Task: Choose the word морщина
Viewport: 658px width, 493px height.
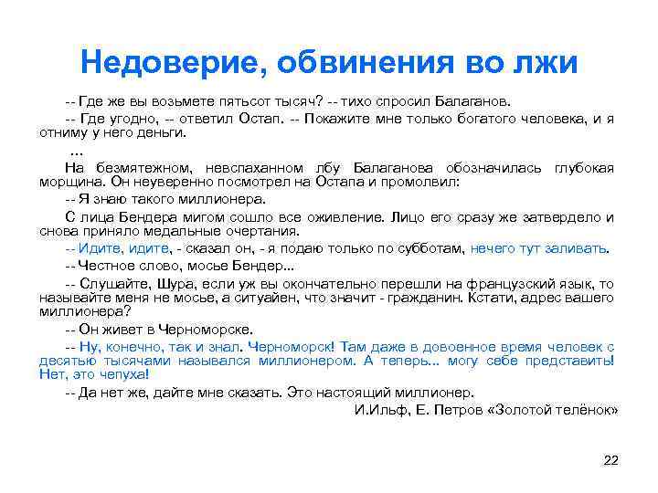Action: click(69, 182)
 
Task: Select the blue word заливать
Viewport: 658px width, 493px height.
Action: click(575, 247)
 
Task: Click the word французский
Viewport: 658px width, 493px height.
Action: click(509, 283)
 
